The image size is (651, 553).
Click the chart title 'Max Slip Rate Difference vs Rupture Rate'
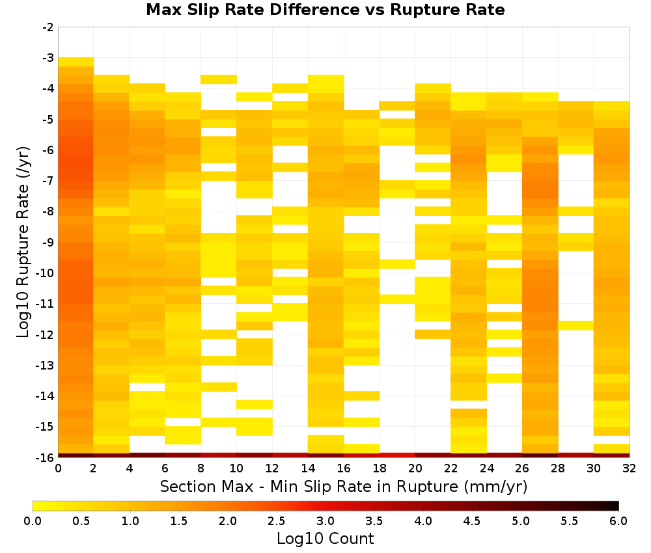pos(325,10)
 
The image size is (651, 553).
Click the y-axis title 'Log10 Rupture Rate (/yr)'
pos(23,242)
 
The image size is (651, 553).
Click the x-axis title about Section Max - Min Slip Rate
pos(343,486)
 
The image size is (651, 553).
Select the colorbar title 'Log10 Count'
pos(325,539)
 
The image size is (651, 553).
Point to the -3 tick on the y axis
pos(48,58)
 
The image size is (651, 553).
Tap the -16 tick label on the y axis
pos(46,457)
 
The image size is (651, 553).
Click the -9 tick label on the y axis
pos(48,242)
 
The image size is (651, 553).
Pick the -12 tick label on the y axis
pos(46,334)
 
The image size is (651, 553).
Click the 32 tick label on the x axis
pos(630,468)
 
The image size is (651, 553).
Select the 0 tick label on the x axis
pos(58,468)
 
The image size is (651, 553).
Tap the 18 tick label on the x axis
pos(380,468)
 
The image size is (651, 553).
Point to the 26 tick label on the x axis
pos(522,468)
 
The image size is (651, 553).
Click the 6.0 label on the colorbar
pos(618,521)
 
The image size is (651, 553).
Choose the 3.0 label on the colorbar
pos(325,521)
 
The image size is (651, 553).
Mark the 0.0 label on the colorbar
pos(33,521)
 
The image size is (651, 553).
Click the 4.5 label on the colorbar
pos(472,521)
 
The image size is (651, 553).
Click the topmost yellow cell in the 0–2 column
pos(76,62)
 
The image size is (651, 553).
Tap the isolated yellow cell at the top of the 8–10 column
pos(219,79)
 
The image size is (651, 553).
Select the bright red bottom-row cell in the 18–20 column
pos(397,455)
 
